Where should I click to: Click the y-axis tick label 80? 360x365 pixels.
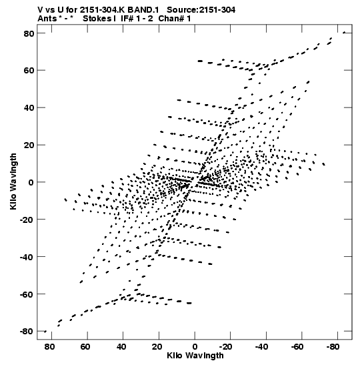pyautogui.click(x=29, y=33)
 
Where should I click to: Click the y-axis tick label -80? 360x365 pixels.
pyautogui.click(x=27, y=331)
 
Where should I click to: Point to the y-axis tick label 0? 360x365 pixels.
pyautogui.click(x=31, y=182)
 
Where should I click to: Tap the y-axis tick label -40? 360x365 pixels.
pyautogui.click(x=27, y=257)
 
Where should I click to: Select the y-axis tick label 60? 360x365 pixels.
pyautogui.click(x=29, y=71)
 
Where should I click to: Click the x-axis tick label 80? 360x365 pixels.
pyautogui.click(x=49, y=347)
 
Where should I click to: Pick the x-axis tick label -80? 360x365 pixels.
pyautogui.click(x=333, y=347)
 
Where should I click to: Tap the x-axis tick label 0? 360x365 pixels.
pyautogui.click(x=195, y=347)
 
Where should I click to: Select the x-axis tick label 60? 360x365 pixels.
pyautogui.click(x=85, y=347)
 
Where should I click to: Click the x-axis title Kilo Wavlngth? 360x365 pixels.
pyautogui.click(x=195, y=356)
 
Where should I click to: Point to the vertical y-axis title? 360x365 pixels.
pyautogui.click(x=13, y=181)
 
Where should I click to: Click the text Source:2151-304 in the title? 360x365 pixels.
pyautogui.click(x=201, y=10)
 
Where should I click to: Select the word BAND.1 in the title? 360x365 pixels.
pyautogui.click(x=143, y=10)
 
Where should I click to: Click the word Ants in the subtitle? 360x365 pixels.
pyautogui.click(x=47, y=19)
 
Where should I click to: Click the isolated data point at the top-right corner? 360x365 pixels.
pyautogui.click(x=344, y=33)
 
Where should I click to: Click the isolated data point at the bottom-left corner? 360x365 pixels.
pyautogui.click(x=45, y=332)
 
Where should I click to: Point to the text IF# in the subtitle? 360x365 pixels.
pyautogui.click(x=127, y=19)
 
